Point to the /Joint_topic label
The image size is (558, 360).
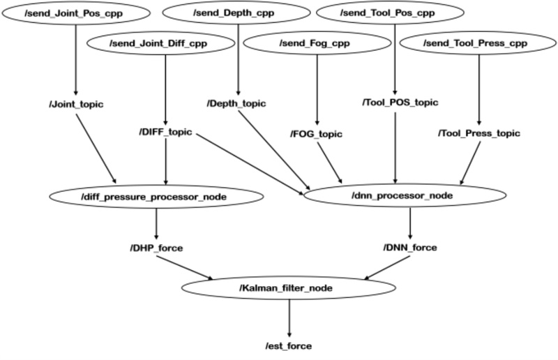73,105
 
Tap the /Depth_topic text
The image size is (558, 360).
239,105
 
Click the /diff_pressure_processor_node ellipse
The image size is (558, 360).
156,197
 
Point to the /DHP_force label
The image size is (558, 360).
156,248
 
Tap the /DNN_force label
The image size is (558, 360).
410,248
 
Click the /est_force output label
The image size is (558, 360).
289,345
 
